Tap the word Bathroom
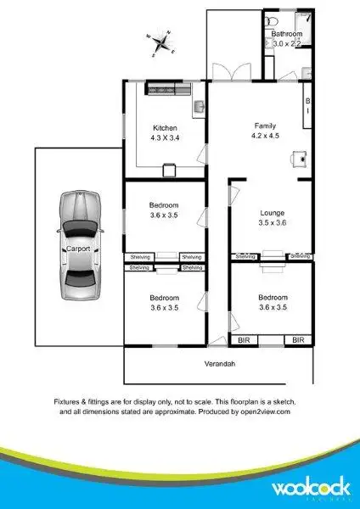point(287,34)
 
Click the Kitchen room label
point(164,128)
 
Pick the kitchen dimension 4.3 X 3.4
point(164,137)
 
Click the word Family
point(262,126)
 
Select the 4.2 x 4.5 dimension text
point(262,135)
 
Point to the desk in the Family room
point(298,158)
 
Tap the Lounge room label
point(272,213)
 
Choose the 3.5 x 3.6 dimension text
point(272,222)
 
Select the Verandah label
point(218,364)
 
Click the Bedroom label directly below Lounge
point(273,298)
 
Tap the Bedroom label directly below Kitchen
point(164,205)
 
